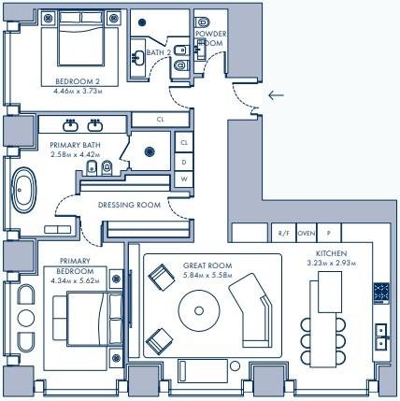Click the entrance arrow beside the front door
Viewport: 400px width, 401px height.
pyautogui.click(x=276, y=95)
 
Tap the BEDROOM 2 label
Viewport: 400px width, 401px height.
pyautogui.click(x=78, y=81)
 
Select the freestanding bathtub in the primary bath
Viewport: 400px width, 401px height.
pyautogui.click(x=23, y=190)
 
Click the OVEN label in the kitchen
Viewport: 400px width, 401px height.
pyautogui.click(x=307, y=233)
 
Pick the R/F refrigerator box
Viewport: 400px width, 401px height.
pyautogui.click(x=283, y=233)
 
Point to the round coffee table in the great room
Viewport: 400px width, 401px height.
pyautogui.click(x=199, y=310)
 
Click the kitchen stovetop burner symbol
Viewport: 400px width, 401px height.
pyautogui.click(x=381, y=294)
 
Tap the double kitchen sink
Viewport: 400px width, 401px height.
pyautogui.click(x=381, y=337)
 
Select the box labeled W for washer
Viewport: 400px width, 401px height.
pyautogui.click(x=184, y=179)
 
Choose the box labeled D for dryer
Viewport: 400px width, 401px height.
pyautogui.click(x=184, y=162)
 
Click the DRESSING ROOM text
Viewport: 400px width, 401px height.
pyautogui.click(x=129, y=205)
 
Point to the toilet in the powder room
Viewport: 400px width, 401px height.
pyautogui.click(x=203, y=22)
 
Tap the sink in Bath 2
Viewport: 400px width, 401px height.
pyautogui.click(x=137, y=58)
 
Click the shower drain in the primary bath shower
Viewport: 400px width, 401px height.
pyautogui.click(x=150, y=151)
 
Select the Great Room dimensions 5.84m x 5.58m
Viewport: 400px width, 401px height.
pyautogui.click(x=207, y=275)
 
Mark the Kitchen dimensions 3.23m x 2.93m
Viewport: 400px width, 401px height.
pyautogui.click(x=332, y=264)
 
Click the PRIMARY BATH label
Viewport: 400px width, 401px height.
pyautogui.click(x=75, y=145)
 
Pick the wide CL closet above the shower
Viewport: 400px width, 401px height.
pyautogui.click(x=161, y=120)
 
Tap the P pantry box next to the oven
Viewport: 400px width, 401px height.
pyautogui.click(x=329, y=233)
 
